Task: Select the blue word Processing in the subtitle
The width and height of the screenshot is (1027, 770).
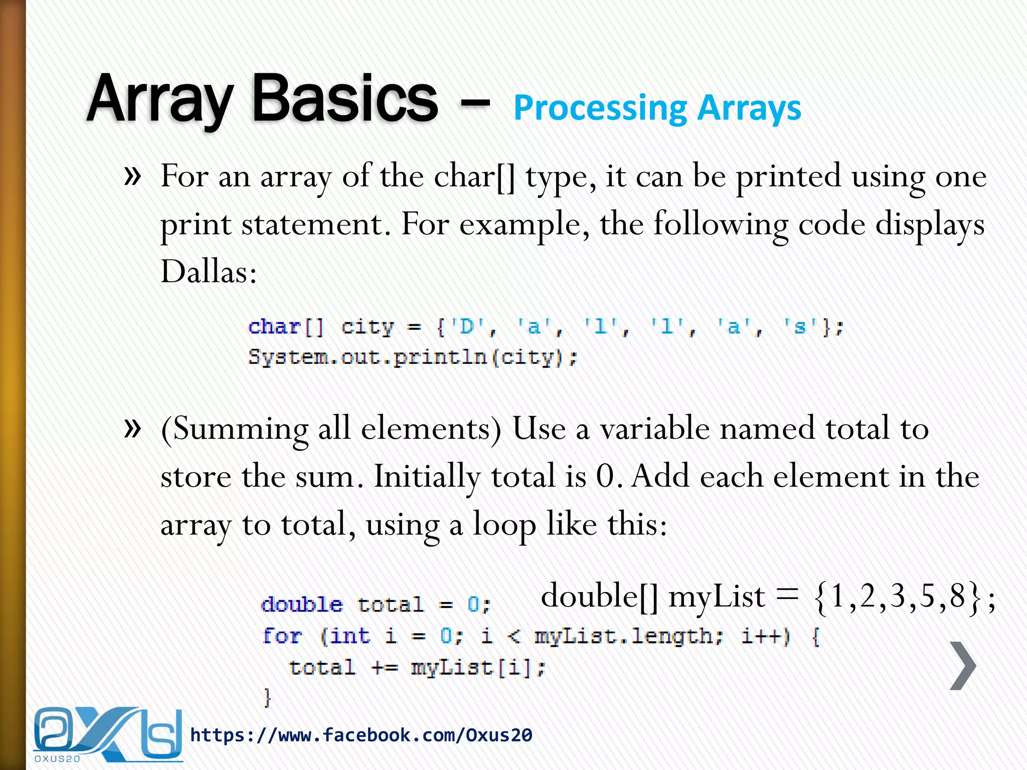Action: (600, 109)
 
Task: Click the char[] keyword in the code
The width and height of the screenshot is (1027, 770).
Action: (286, 327)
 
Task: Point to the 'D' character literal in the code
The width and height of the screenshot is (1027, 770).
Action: (466, 327)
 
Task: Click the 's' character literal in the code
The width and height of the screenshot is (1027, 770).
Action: (800, 327)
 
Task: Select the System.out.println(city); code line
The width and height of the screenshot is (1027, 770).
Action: (413, 357)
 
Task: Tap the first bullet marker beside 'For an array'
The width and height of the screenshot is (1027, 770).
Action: (132, 176)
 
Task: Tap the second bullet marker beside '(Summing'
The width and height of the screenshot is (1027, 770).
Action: (132, 429)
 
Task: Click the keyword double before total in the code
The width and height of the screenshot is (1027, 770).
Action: (302, 605)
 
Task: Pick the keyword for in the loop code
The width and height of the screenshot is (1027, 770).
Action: (282, 636)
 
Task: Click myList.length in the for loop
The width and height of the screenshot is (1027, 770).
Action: (628, 636)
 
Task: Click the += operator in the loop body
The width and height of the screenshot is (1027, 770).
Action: (385, 668)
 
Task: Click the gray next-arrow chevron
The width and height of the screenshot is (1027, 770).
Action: (963, 666)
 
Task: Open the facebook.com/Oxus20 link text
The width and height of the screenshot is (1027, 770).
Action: (361, 735)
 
